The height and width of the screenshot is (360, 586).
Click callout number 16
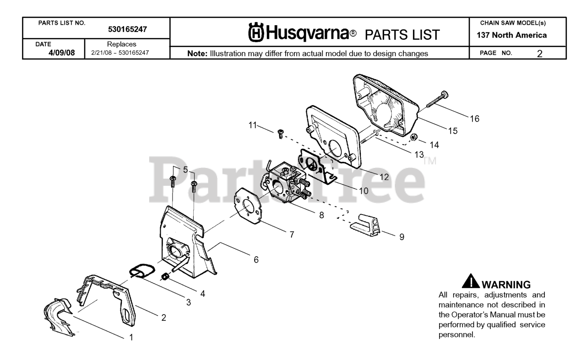474,119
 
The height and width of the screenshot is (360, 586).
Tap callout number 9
402,237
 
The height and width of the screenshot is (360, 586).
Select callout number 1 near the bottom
131,338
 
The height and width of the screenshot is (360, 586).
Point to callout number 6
256,259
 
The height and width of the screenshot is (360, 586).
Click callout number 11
253,125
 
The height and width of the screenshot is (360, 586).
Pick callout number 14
434,145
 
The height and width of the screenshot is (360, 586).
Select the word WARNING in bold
506,285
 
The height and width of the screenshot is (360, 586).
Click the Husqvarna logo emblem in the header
255,33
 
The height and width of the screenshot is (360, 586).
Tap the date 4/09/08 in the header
62,53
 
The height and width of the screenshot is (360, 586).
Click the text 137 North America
511,35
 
